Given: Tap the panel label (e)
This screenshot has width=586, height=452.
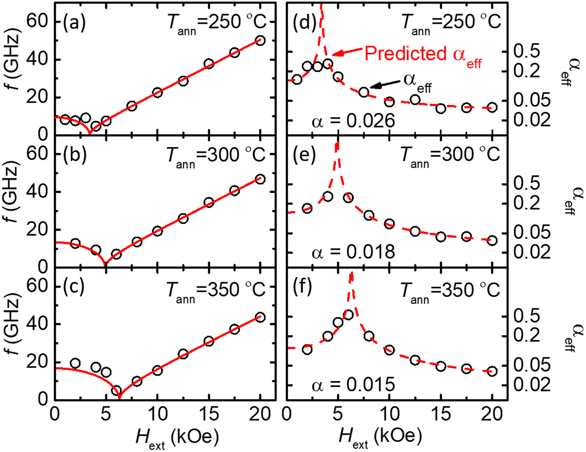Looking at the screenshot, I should click(x=304, y=155).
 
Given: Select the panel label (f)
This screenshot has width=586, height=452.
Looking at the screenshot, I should click(x=302, y=287).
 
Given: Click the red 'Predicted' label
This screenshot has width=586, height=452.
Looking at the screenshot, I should click(x=405, y=53).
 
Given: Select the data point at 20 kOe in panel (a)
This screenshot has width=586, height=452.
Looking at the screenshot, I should click(x=260, y=41).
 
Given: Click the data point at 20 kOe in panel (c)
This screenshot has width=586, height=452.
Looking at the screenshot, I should click(x=260, y=318).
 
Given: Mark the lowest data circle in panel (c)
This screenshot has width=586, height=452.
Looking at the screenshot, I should click(x=116, y=391).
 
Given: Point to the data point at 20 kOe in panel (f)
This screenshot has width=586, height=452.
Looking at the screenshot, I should click(x=492, y=371).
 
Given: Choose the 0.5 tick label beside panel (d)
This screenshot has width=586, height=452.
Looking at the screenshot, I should click(x=526, y=51).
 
